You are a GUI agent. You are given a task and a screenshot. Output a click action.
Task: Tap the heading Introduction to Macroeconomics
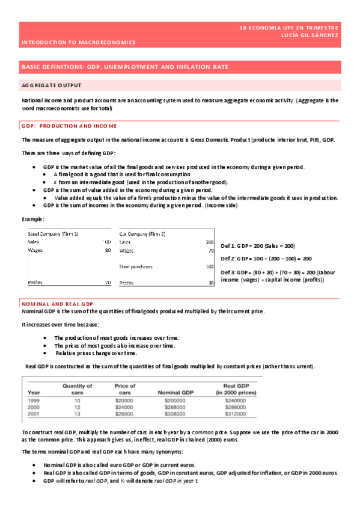click(x=78, y=43)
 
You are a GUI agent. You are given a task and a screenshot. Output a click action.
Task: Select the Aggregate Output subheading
click(x=51, y=85)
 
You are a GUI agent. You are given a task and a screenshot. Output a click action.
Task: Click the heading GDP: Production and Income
click(x=69, y=126)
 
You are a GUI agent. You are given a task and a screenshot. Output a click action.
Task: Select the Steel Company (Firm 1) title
click(x=53, y=233)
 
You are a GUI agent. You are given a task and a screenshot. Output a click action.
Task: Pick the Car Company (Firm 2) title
click(x=142, y=233)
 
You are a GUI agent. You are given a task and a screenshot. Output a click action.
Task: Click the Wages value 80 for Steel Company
click(x=108, y=250)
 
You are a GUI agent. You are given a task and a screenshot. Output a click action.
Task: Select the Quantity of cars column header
click(x=77, y=389)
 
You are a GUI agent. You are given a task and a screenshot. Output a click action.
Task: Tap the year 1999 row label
click(x=34, y=400)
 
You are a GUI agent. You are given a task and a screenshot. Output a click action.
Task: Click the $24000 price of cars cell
click(x=124, y=407)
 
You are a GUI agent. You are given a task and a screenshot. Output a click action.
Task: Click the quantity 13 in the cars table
click(x=77, y=414)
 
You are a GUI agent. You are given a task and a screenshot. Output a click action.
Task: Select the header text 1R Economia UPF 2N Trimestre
click(x=288, y=28)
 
